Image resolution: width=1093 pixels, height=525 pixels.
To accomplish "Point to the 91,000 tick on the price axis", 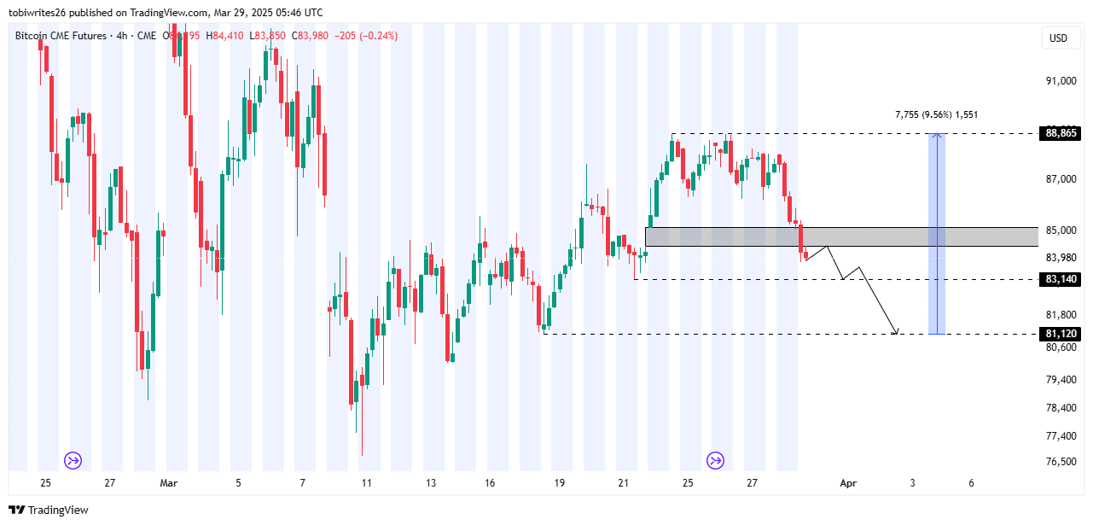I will tap(1059, 81).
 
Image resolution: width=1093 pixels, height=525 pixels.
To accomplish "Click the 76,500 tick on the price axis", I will tap(1059, 462).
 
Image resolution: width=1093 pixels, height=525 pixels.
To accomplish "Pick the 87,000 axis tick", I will tap(1059, 179).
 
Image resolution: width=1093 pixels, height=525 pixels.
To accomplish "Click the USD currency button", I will tap(1058, 38).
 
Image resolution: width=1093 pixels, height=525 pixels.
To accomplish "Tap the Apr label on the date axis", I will tap(848, 483).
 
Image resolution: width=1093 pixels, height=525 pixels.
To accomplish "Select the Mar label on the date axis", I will tap(169, 483).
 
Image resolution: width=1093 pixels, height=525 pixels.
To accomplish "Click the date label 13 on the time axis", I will tap(431, 483).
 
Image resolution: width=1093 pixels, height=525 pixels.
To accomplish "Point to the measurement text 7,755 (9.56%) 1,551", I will tap(936, 114).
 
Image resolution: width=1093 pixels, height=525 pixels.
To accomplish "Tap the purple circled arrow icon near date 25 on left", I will tap(73, 461).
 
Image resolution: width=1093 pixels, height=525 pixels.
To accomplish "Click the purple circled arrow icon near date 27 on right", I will tap(715, 461).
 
